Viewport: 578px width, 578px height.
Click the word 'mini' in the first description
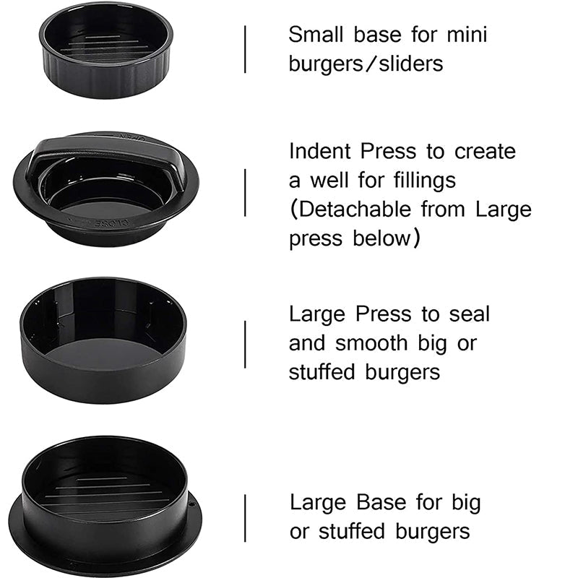pyautogui.click(x=465, y=34)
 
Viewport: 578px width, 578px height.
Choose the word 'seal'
pyautogui.click(x=469, y=314)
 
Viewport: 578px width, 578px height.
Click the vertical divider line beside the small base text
pyautogui.click(x=245, y=49)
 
